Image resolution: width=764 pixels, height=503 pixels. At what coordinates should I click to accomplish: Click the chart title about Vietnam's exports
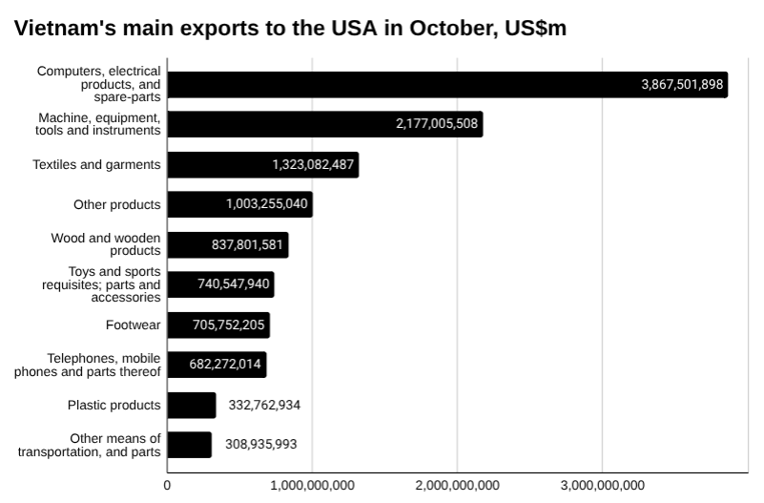291,29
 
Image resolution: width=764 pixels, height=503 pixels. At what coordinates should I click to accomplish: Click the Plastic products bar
191,405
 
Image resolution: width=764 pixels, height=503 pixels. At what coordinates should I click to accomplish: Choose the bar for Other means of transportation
189,445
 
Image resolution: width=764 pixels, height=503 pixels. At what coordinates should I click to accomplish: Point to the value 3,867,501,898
683,85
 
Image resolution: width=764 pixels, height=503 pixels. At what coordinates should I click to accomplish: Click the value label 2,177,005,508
437,125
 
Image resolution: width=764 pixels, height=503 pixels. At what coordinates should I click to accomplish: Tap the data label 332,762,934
264,405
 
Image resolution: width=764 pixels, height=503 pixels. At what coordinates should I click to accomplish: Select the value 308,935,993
260,445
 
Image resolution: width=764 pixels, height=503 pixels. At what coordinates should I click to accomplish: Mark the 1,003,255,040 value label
267,204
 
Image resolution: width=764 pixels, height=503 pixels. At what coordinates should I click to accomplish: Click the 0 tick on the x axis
168,486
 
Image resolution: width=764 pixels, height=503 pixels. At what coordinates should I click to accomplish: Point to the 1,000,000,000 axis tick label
313,486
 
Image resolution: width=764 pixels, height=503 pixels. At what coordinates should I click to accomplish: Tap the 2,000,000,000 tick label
457,486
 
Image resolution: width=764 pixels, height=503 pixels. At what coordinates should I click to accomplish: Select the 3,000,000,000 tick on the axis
602,486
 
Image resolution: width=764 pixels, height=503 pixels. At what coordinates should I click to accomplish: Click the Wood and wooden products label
105,244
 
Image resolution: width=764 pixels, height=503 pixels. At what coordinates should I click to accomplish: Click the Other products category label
116,204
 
